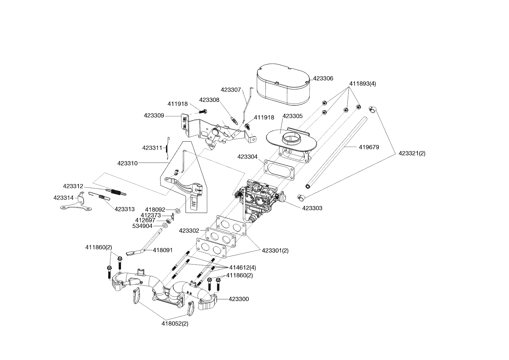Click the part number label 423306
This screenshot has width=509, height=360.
tap(323, 78)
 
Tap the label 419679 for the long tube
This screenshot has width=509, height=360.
tap(369, 147)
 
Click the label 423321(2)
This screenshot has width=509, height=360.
tap(412, 153)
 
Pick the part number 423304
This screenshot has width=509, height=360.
tap(247, 157)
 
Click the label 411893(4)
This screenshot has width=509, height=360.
tap(362, 84)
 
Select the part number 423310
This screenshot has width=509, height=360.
tap(127, 163)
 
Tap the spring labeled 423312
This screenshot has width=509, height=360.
tap(116, 191)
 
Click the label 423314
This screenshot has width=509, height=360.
tap(64, 198)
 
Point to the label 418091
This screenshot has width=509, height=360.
tap(163, 250)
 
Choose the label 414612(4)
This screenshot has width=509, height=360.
tap(243, 267)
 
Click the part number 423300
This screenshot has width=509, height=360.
tap(239, 299)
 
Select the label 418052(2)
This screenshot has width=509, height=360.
tap(175, 324)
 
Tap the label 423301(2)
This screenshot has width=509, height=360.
tap(275, 250)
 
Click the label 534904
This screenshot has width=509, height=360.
tap(142, 226)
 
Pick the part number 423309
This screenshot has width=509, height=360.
tap(154, 116)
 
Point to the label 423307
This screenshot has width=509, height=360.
tap(231, 90)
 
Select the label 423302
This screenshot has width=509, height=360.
tap(189, 231)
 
